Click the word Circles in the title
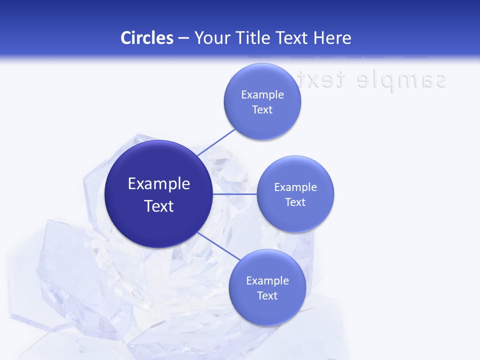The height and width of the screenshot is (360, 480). (146, 38)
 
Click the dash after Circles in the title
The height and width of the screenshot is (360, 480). (183, 38)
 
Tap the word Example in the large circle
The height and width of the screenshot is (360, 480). (159, 183)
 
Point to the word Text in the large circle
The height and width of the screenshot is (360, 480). (159, 206)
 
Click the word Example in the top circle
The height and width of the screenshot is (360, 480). (262, 94)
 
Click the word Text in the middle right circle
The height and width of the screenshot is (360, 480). (295, 202)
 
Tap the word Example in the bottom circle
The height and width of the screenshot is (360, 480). (267, 280)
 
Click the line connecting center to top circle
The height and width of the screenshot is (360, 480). (216, 141)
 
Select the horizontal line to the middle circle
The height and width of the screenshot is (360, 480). (234, 194)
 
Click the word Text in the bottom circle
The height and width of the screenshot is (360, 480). (267, 295)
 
